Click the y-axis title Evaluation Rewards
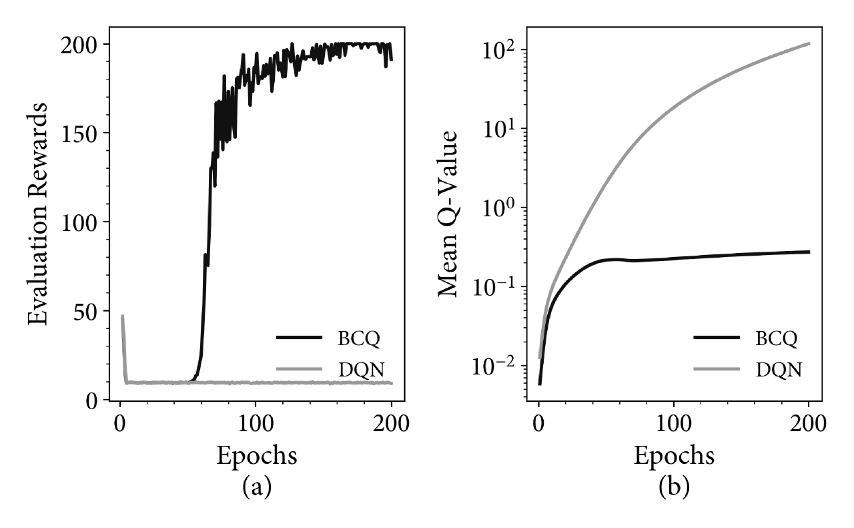point(38,214)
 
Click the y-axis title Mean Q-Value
point(447,214)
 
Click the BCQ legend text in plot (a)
point(359,338)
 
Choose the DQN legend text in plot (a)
point(361,369)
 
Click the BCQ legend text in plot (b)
point(776,338)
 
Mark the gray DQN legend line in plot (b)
point(717,369)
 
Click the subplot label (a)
point(257,487)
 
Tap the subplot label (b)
point(674,487)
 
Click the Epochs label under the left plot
point(257,456)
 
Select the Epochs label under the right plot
point(674,456)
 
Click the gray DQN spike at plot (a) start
point(123,347)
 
